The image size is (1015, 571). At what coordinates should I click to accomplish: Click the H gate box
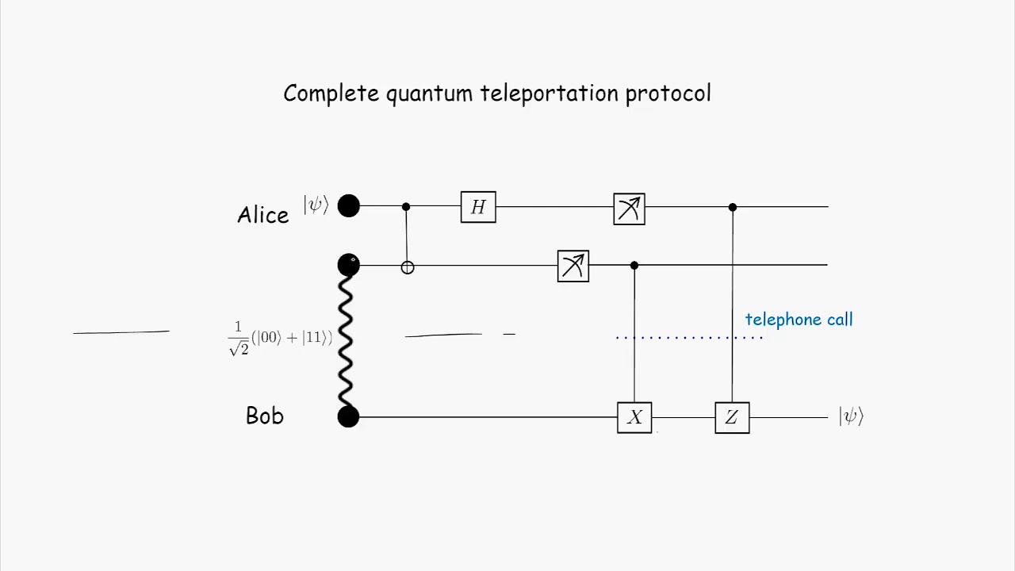point(478,207)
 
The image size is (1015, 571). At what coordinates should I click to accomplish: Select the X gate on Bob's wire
point(634,417)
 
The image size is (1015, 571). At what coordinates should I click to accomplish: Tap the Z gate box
point(732,417)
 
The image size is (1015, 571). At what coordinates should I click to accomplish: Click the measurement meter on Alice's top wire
point(629,209)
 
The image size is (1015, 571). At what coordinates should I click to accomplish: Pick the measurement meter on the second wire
point(573,266)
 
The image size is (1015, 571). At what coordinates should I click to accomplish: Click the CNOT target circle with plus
point(407,268)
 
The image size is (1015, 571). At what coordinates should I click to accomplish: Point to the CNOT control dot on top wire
point(406,207)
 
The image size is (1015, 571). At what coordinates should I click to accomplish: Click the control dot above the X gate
point(634,266)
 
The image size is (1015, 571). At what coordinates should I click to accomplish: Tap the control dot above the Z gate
point(733,207)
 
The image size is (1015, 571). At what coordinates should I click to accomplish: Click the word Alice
point(262,215)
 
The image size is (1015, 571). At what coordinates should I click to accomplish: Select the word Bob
point(264,416)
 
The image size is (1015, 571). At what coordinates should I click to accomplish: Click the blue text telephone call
point(799,320)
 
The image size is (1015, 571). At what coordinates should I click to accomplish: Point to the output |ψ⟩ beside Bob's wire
point(851,416)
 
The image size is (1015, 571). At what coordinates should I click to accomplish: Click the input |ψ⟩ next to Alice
point(316,205)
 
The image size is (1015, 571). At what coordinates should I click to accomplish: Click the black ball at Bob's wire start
point(348,417)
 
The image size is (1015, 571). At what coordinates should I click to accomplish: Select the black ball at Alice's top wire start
point(348,206)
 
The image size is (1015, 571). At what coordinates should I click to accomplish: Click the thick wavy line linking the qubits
point(345,341)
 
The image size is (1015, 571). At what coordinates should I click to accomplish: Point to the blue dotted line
point(688,338)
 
